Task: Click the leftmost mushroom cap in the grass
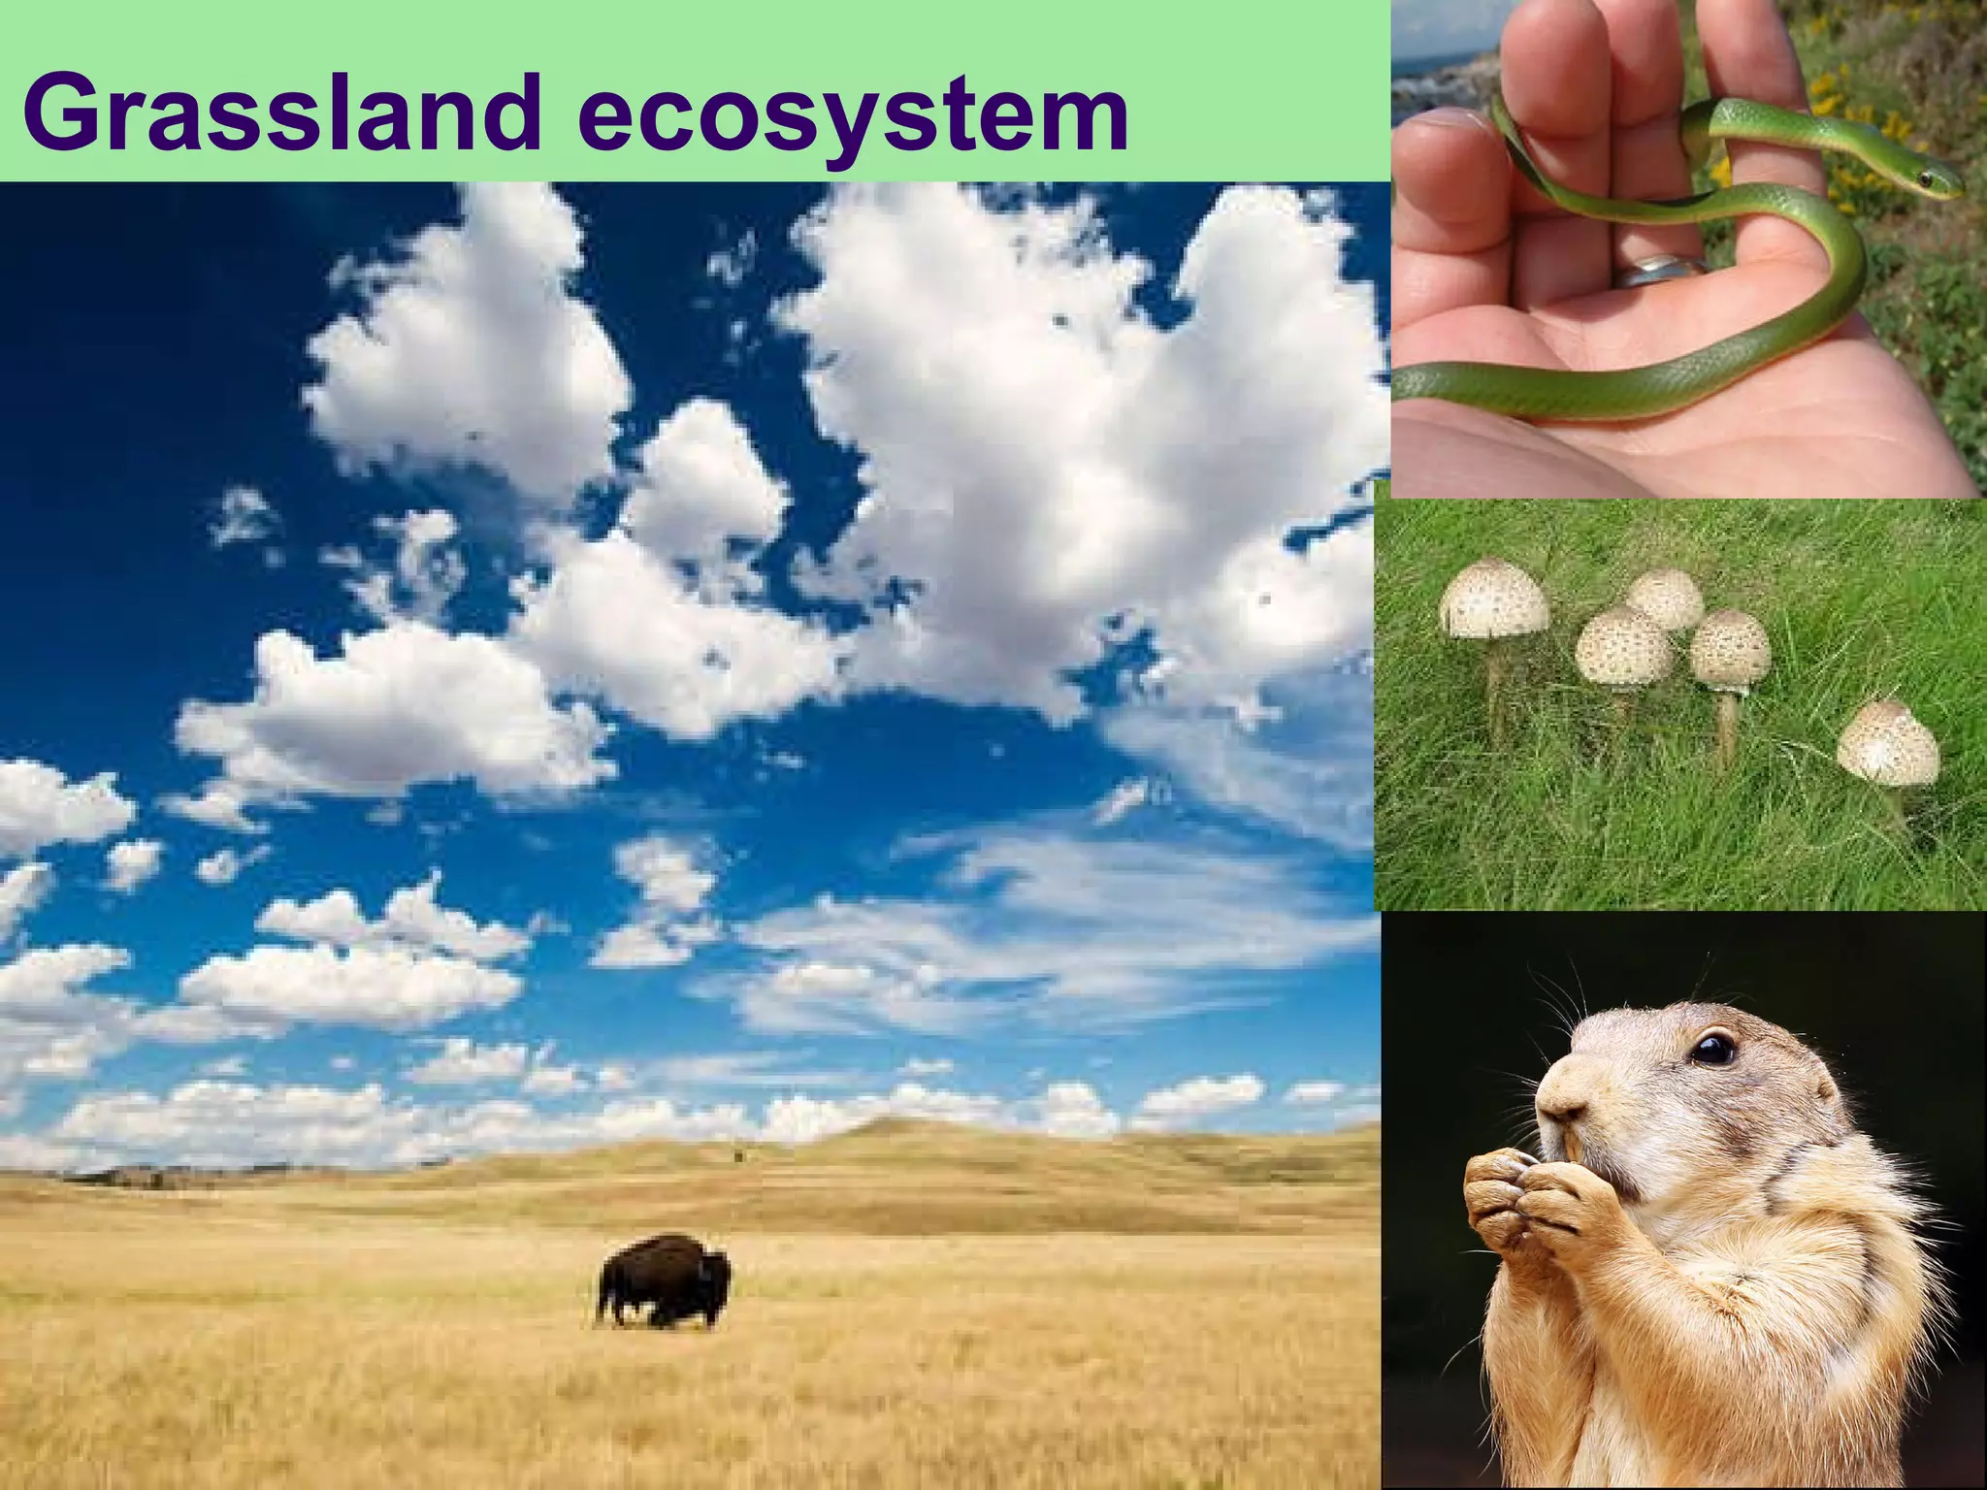coord(1494,597)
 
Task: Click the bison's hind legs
coord(611,1305)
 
